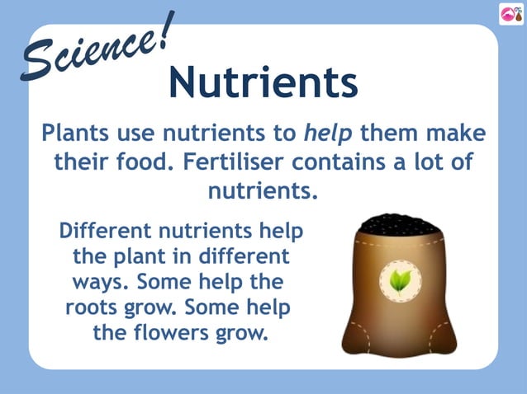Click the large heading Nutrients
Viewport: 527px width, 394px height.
(263, 82)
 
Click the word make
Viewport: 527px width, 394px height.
(454, 133)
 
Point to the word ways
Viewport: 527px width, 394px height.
(101, 282)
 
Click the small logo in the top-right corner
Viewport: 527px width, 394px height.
(510, 13)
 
